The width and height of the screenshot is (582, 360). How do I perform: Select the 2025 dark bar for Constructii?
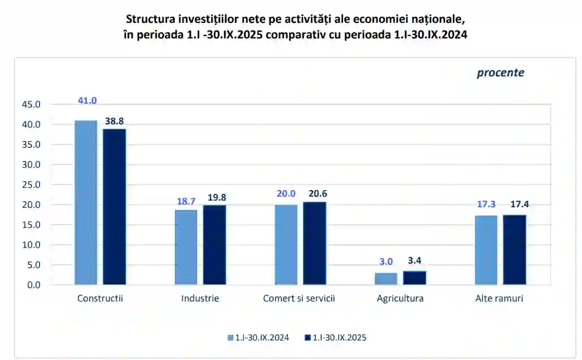click(x=114, y=207)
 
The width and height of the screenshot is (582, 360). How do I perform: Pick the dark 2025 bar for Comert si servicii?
click(x=315, y=244)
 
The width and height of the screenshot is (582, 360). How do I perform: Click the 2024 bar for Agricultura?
click(x=386, y=279)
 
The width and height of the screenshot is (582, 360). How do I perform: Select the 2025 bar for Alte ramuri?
click(x=515, y=250)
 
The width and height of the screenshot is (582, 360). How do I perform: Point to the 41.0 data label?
click(x=87, y=101)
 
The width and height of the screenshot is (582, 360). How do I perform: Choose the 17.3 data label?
click(x=486, y=205)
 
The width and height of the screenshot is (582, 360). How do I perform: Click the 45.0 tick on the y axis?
click(x=31, y=104)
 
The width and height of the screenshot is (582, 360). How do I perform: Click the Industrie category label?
click(x=200, y=298)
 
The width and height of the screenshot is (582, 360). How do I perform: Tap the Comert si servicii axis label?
click(x=299, y=298)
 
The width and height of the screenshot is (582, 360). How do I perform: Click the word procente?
click(x=500, y=72)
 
